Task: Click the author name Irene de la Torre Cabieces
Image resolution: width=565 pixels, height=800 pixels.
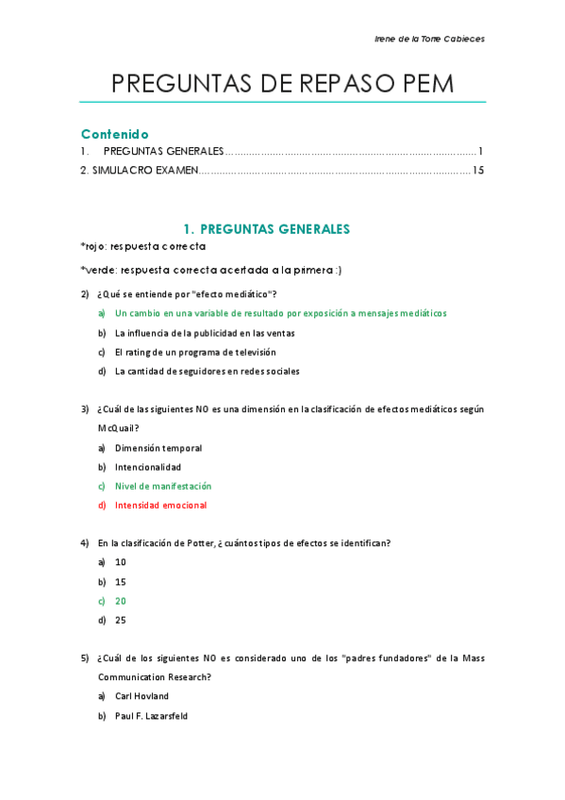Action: click(x=429, y=39)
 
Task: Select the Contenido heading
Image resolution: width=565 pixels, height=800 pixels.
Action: click(x=114, y=134)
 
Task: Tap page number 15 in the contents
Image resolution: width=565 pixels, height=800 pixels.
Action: click(x=477, y=171)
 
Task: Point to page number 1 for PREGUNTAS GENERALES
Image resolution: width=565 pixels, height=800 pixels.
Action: click(x=480, y=151)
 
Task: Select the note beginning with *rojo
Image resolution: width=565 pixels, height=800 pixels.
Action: click(x=143, y=246)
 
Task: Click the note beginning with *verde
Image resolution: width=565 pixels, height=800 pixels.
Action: click(x=210, y=270)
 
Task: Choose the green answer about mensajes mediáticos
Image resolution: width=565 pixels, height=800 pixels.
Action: click(x=280, y=313)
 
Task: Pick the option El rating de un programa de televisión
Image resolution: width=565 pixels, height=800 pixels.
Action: click(x=195, y=352)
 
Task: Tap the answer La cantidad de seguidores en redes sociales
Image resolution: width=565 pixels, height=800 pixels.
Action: click(x=207, y=371)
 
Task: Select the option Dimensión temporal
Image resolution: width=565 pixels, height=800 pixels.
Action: click(x=158, y=448)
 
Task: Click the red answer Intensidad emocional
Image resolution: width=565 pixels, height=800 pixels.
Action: click(x=160, y=506)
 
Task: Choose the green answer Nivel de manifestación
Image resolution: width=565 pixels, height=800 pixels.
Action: click(x=162, y=486)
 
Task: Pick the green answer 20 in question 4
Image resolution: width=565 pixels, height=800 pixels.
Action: click(x=121, y=601)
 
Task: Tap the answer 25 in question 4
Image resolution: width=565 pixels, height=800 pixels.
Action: click(x=121, y=621)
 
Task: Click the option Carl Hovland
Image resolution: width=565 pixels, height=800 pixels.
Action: click(x=141, y=696)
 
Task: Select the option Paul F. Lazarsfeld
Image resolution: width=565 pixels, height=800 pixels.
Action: click(x=151, y=716)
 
